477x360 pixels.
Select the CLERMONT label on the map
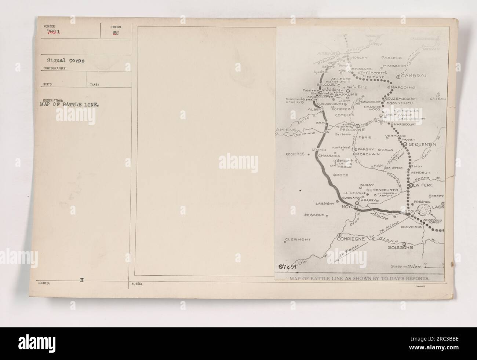tap(298, 240)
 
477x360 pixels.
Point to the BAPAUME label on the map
tap(343, 95)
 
